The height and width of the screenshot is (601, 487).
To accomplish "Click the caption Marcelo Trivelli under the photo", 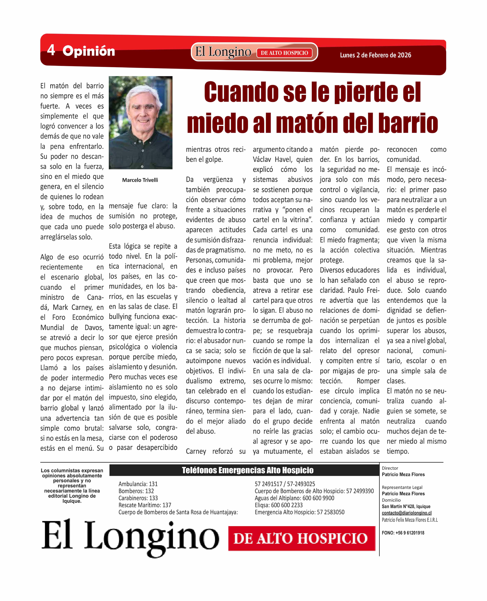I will (140, 180).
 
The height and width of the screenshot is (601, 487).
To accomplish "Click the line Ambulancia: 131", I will (138, 484).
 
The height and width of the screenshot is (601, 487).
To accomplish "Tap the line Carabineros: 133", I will (138, 498).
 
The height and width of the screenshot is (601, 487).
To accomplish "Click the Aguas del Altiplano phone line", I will (294, 498).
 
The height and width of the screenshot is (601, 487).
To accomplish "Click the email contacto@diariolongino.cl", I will (406, 513).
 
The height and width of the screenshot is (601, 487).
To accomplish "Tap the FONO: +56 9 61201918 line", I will (403, 533).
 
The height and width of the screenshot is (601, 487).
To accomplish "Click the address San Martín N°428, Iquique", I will (406, 506).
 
